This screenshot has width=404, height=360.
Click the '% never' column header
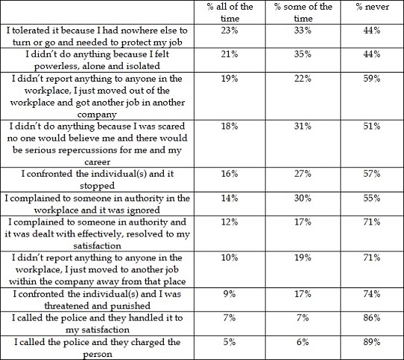point(373,7)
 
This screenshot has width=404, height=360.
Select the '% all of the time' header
point(230,13)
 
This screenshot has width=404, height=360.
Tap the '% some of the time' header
point(303,13)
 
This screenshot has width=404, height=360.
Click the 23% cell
point(230,31)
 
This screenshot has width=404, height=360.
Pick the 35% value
point(303,54)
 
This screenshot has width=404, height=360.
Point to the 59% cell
point(372,79)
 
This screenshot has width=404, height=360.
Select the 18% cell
point(230,126)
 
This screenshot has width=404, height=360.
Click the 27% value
point(303,174)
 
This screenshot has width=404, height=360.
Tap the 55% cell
point(372,198)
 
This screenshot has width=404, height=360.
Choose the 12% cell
point(230,222)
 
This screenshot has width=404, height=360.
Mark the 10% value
point(230,257)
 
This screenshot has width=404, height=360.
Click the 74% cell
point(372,294)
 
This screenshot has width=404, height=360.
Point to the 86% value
point(372,318)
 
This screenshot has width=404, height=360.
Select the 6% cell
point(303,342)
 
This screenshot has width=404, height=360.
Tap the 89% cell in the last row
point(372,342)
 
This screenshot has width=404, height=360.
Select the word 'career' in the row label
point(97,162)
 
